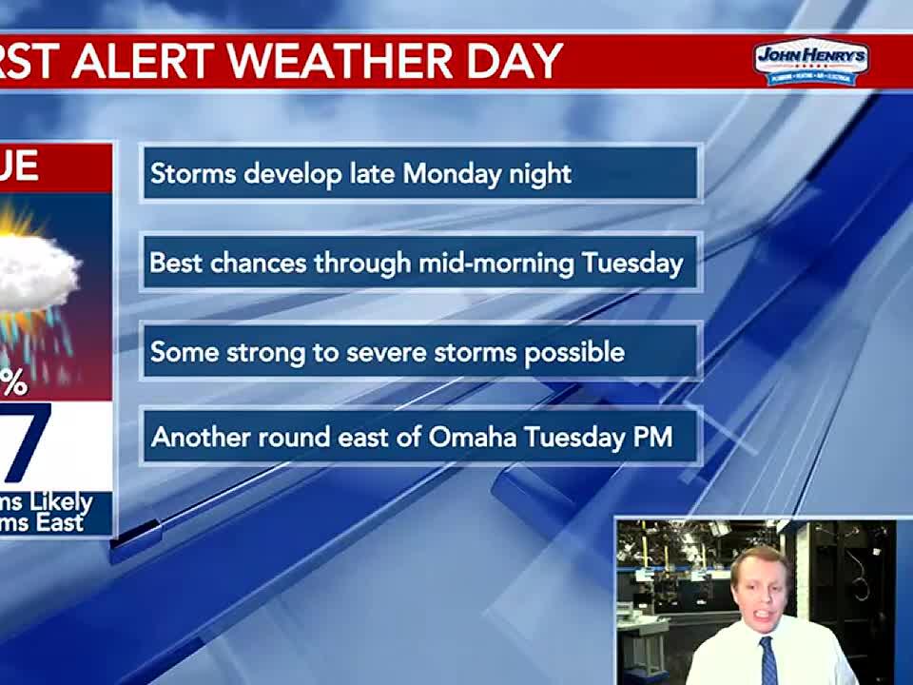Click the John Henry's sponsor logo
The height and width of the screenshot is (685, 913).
point(810,62)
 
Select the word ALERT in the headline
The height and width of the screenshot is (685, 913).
point(145,62)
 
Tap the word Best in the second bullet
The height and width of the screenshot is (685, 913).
point(176,263)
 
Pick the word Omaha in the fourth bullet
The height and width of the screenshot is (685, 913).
point(473,437)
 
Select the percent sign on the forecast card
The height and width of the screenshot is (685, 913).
point(13,383)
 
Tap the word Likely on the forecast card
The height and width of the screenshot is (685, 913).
point(61,502)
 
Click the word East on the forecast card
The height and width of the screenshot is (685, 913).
point(61,522)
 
